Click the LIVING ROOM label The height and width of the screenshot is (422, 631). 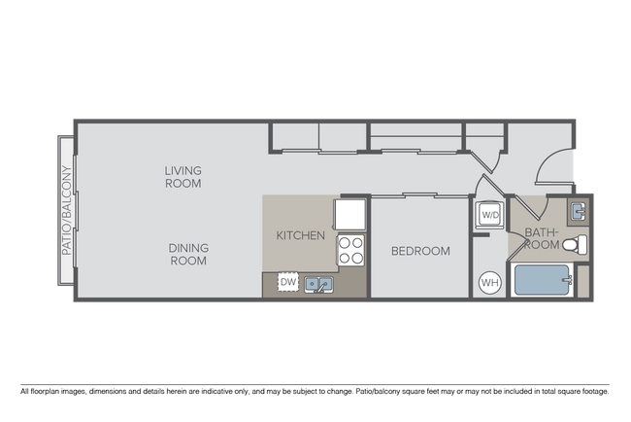pyautogui.click(x=183, y=177)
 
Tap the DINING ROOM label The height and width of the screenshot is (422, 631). pyautogui.click(x=188, y=254)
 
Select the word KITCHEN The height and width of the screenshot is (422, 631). pyautogui.click(x=300, y=235)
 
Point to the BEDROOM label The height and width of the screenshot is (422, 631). pyautogui.click(x=420, y=251)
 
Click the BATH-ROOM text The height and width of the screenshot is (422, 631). pyautogui.click(x=540, y=239)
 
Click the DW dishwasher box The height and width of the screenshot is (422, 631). pyautogui.click(x=287, y=282)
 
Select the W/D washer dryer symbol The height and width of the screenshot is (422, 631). pyautogui.click(x=488, y=214)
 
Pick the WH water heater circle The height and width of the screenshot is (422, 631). pyautogui.click(x=488, y=282)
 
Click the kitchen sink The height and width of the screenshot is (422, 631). pyautogui.click(x=318, y=284)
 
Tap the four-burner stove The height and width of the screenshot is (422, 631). pyautogui.click(x=350, y=251)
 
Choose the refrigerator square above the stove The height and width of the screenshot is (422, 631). pyautogui.click(x=349, y=213)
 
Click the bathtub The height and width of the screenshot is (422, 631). pyautogui.click(x=544, y=280)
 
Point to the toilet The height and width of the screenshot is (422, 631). pyautogui.click(x=579, y=244)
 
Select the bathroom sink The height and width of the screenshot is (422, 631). pyautogui.click(x=580, y=210)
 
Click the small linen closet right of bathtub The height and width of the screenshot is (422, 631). pyautogui.click(x=582, y=280)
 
